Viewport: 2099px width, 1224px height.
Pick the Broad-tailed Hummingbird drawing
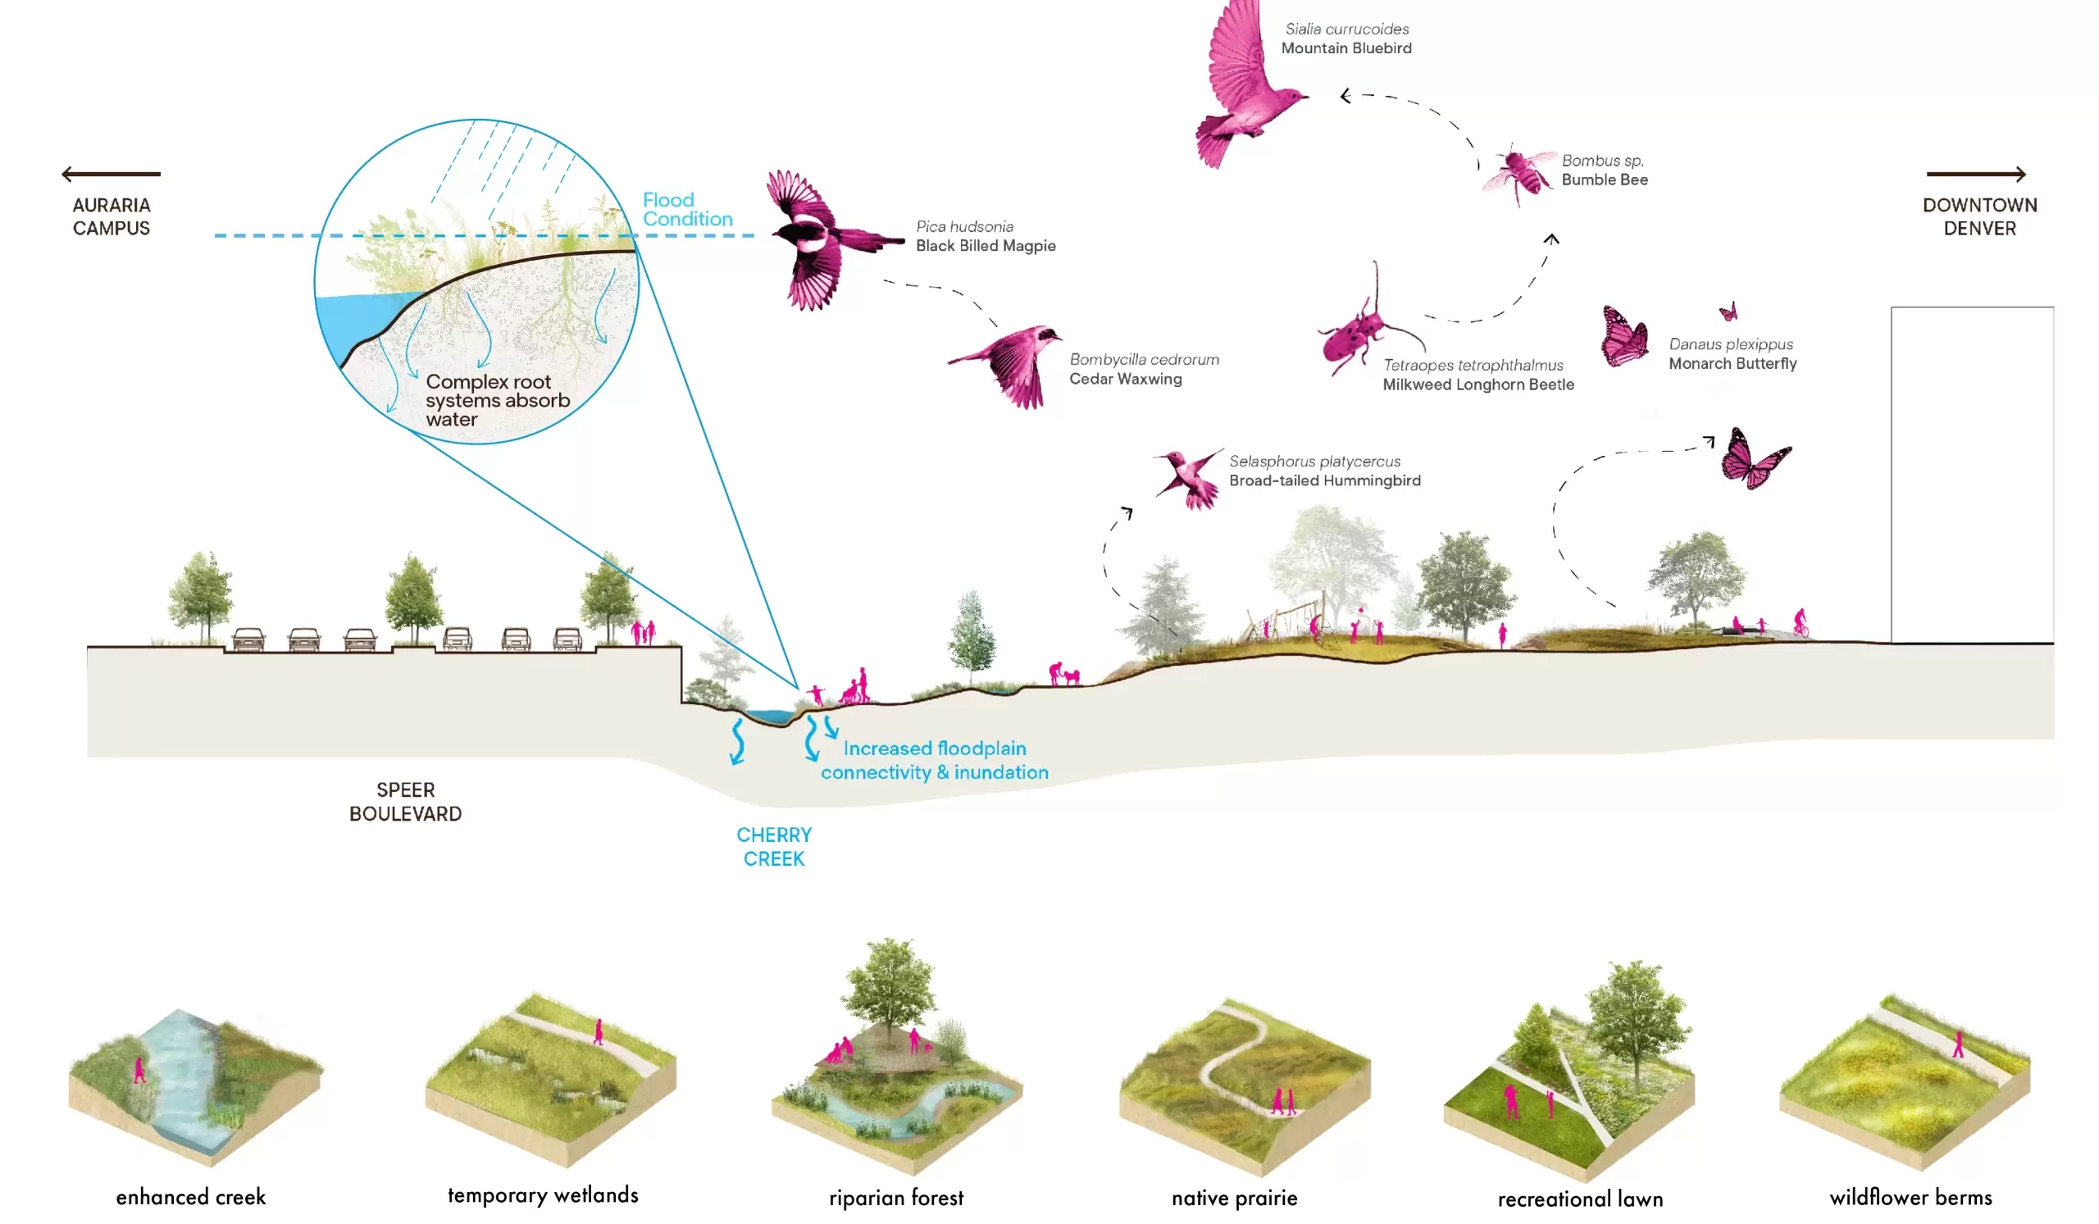[1190, 476]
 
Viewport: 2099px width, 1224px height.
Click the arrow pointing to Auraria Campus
[111, 174]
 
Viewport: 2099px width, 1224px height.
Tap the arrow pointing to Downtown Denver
[1975, 174]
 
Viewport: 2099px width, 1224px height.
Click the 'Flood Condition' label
[687, 209]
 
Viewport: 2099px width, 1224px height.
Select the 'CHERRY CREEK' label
[774, 846]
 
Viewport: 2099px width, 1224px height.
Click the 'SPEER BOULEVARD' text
[406, 801]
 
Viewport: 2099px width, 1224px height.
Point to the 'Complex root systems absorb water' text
[497, 400]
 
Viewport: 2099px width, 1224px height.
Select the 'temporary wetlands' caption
[543, 1194]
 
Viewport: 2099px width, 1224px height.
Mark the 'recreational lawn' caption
[1579, 1199]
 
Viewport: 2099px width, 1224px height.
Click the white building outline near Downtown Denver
[1972, 475]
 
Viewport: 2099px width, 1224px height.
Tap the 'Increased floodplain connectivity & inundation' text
[935, 759]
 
